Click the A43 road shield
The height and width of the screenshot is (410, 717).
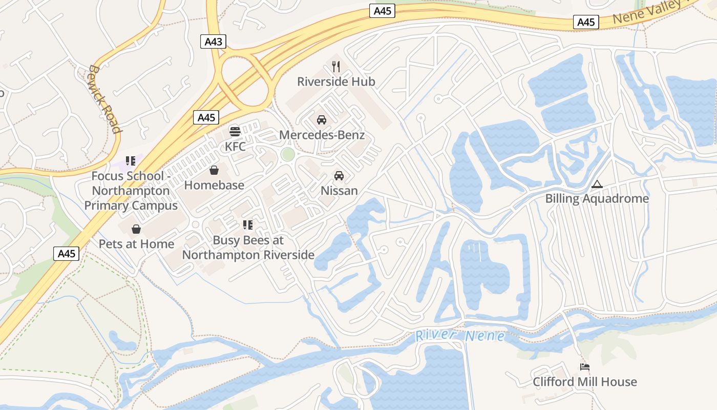[213, 42]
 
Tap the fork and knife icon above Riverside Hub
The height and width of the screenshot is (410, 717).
[336, 66]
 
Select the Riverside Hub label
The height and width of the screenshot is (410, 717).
[336, 81]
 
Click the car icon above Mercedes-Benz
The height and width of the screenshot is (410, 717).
[322, 120]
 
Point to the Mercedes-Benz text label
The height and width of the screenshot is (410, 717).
[322, 135]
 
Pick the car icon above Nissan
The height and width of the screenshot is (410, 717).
[339, 176]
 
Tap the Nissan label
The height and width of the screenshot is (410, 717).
[339, 191]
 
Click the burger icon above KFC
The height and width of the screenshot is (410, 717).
[235, 132]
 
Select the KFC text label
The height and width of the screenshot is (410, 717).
[235, 147]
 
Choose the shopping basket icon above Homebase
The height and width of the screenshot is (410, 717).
[214, 170]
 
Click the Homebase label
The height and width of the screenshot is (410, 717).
[214, 185]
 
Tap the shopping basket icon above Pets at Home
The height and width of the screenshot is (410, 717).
[136, 229]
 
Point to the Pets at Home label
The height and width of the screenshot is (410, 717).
[136, 244]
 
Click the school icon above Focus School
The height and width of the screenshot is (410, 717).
[131, 161]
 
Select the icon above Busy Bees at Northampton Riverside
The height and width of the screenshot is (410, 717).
[248, 225]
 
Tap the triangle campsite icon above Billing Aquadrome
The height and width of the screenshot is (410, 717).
[597, 184]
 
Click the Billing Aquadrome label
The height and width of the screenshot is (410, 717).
[597, 199]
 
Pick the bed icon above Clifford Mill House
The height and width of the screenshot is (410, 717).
[585, 367]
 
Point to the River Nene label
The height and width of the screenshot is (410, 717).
[459, 336]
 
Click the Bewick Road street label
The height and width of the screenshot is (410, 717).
[105, 98]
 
